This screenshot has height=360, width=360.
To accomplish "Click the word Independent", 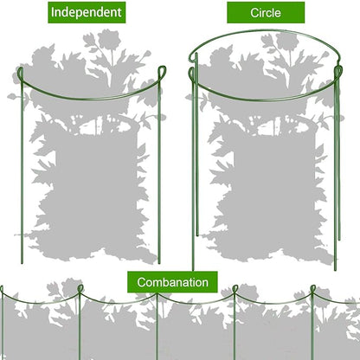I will pyautogui.click(x=87, y=12).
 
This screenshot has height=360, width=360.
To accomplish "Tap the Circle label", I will pyautogui.click(x=266, y=13).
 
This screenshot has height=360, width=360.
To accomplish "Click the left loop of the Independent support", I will pyautogui.click(x=20, y=75).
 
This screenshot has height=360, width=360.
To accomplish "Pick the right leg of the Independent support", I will pyautogui.click(x=159, y=173).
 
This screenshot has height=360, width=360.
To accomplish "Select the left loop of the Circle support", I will pyautogui.click(x=192, y=74).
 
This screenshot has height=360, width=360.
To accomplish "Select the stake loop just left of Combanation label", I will pyautogui.click(x=80, y=288).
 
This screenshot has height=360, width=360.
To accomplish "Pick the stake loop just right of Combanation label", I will pyautogui.click(x=235, y=289).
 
